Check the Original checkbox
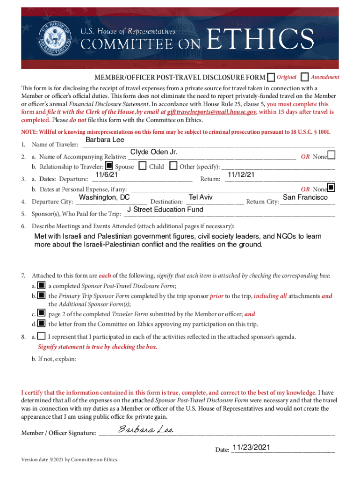pos(271,77)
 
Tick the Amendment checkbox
pos(305,77)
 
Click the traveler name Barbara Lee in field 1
pos(104,140)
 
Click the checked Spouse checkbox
pos(108,166)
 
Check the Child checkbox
pos(143,166)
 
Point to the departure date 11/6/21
pos(106,174)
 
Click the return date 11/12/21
pos(241,174)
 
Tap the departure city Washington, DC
pos(104,197)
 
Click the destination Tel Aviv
pos(201,197)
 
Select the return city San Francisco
pos(305,197)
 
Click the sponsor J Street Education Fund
pos(165,210)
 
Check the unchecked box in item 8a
pos(42,336)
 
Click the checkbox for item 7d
pos(42,323)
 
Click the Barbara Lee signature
pos(146,429)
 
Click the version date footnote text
pos(69,459)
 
